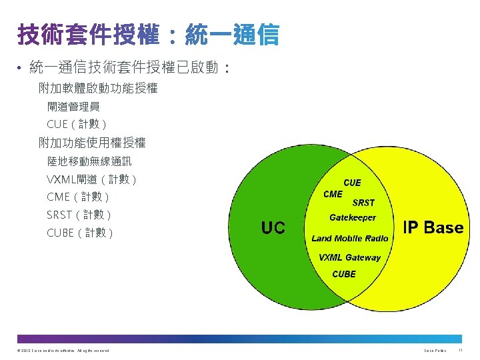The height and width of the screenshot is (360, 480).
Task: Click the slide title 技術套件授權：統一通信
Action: [148, 35]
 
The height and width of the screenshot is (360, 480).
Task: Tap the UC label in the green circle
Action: [273, 228]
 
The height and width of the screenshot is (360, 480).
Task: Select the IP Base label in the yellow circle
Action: [433, 227]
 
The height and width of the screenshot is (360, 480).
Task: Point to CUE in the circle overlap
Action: [352, 183]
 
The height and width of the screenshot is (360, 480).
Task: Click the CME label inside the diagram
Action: [333, 194]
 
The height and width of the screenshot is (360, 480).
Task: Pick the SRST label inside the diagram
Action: [363, 203]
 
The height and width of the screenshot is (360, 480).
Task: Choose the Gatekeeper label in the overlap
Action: [353, 217]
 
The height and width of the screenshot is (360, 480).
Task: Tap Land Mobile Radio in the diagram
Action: [350, 238]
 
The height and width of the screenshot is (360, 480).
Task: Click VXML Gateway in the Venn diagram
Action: [349, 257]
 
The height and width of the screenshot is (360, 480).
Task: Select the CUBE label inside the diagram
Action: [344, 274]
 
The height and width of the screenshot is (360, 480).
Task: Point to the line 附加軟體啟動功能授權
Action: [98, 87]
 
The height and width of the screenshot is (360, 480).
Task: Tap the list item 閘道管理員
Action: [73, 106]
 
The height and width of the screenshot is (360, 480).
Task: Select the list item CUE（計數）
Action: [77, 124]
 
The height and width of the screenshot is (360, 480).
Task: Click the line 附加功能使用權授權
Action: [92, 142]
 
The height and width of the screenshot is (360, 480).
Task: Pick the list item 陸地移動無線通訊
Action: [89, 161]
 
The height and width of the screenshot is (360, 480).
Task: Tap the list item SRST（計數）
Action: [79, 215]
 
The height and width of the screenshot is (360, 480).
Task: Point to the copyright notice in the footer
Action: [61, 350]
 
